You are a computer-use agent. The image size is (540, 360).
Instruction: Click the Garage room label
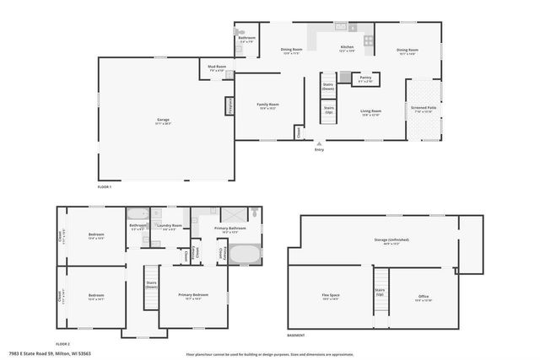[163, 121]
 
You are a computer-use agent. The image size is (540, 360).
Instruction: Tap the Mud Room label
[217, 67]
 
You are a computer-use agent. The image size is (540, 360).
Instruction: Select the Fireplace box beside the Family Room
[229, 105]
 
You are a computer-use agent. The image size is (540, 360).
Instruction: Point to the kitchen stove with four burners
[368, 40]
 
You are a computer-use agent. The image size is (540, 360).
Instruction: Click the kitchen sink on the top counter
[341, 27]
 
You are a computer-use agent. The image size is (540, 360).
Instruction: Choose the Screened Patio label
[423, 109]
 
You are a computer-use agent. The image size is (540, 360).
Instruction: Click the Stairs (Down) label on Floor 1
[328, 86]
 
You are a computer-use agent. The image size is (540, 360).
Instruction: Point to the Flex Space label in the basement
[329, 296]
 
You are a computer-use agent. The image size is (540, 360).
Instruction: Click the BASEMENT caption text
[295, 335]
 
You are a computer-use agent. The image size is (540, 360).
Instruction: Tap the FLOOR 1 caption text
[105, 185]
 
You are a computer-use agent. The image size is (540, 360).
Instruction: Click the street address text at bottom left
[50, 353]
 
